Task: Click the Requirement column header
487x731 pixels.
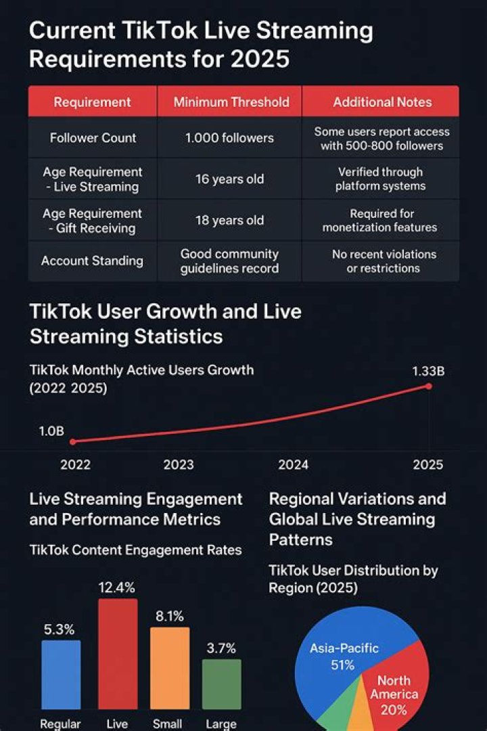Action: coord(92,102)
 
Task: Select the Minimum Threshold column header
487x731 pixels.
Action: coord(231,102)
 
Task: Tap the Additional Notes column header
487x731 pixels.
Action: coord(381,102)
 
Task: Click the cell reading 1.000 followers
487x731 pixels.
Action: coord(229,138)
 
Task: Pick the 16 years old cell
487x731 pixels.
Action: coord(229,179)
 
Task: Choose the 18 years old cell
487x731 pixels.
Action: coord(229,221)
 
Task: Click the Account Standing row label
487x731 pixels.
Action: coord(92,261)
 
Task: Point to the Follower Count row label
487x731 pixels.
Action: coord(93,138)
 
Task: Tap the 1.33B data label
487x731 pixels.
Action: coord(428,371)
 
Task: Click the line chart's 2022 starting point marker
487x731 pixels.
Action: coord(73,441)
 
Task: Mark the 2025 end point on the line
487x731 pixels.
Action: coord(429,386)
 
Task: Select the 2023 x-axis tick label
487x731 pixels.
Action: coord(179,464)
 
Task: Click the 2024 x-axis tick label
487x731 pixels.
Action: coord(293,464)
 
